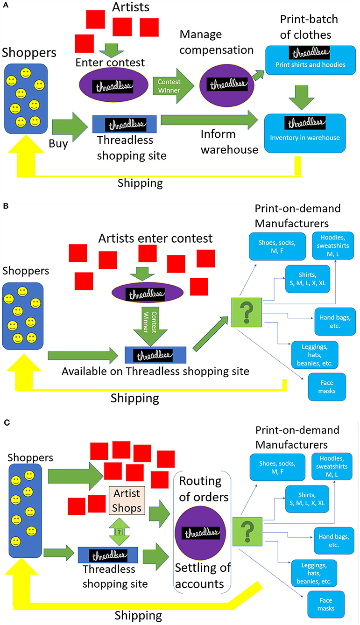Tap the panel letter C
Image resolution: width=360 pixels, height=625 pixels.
tap(5, 422)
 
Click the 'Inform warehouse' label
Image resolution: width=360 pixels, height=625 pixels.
tap(223, 142)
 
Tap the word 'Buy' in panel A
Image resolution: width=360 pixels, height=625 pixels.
tap(58, 143)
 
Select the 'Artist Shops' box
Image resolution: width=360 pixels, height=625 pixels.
tap(127, 500)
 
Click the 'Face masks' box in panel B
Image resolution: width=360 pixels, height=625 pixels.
tap(327, 386)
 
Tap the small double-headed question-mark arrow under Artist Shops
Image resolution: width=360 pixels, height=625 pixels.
tap(120, 531)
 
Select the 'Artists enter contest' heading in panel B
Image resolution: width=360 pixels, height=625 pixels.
tap(155, 239)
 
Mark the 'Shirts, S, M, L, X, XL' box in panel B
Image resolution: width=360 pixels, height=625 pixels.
tap(307, 279)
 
